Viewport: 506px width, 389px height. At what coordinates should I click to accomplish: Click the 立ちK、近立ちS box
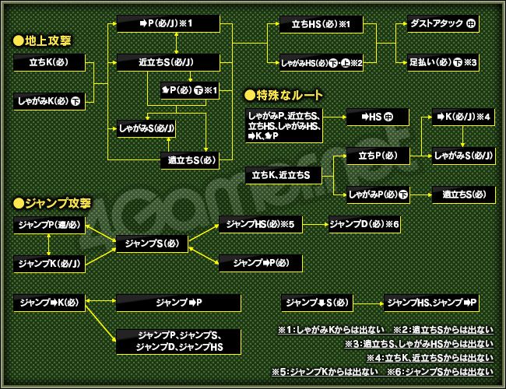283,176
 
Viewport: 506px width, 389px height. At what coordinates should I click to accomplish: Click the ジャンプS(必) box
152,244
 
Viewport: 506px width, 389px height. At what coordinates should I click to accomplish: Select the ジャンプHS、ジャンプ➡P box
432,301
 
